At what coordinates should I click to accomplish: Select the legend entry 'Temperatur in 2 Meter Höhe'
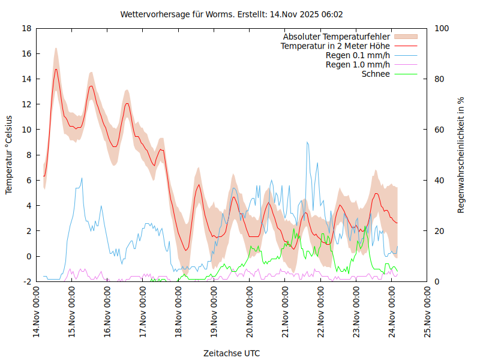(x=335, y=46)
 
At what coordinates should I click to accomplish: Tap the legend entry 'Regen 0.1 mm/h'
(x=358, y=55)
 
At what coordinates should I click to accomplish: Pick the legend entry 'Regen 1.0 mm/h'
(x=358, y=65)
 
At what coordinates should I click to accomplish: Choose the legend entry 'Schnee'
(x=376, y=74)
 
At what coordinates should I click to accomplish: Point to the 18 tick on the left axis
(x=26, y=28)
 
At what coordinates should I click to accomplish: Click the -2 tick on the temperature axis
(x=27, y=281)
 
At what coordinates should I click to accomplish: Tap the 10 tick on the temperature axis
(x=26, y=130)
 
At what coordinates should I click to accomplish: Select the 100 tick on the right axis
(x=440, y=28)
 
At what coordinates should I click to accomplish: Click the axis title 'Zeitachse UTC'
(x=232, y=353)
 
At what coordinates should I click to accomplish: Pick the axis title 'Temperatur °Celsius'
(x=9, y=155)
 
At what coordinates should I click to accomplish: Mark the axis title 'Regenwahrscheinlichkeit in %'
(x=461, y=155)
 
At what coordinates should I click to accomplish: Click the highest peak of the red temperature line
(x=56, y=69)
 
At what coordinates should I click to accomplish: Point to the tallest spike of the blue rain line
(x=307, y=142)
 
